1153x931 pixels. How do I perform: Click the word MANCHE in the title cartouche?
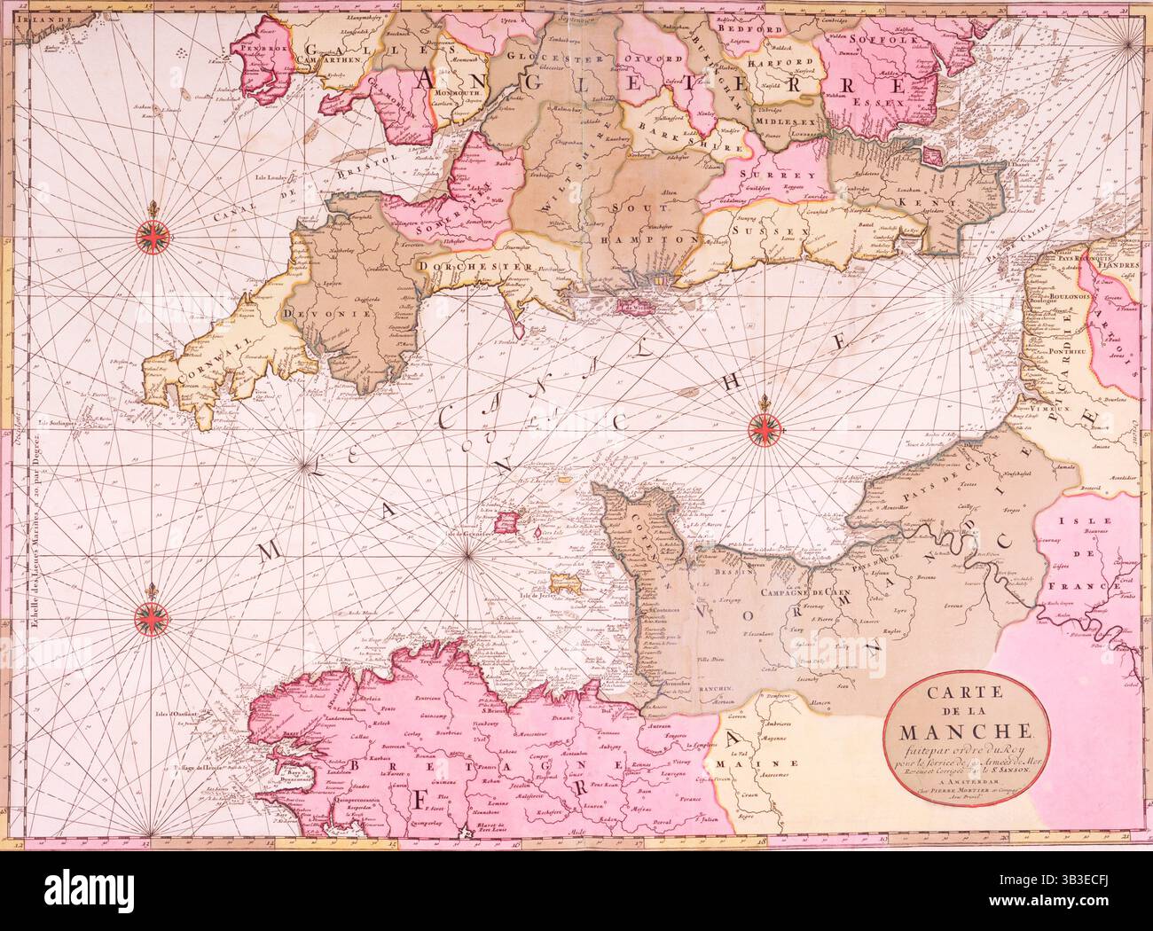967,732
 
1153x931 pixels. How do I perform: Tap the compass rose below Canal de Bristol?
157,234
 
